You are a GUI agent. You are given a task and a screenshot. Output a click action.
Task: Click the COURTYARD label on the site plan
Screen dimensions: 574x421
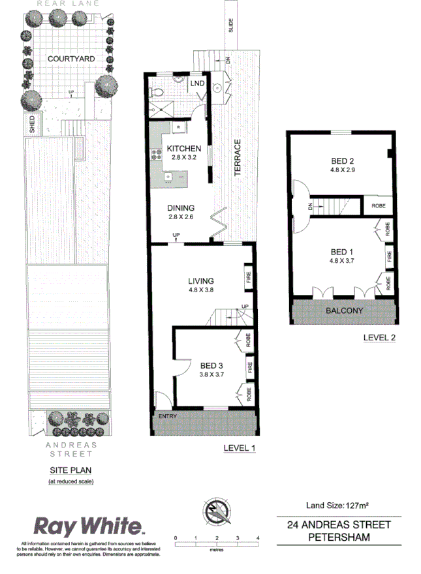pyautogui.click(x=71, y=58)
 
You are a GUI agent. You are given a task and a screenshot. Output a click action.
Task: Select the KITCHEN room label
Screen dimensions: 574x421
pyautogui.click(x=183, y=148)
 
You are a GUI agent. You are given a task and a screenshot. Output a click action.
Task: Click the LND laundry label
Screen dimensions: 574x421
pyautogui.click(x=196, y=84)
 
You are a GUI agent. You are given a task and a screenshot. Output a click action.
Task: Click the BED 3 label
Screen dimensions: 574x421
pyautogui.click(x=211, y=365)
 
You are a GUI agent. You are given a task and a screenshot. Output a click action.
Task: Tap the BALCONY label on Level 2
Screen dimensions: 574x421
pyautogui.click(x=343, y=310)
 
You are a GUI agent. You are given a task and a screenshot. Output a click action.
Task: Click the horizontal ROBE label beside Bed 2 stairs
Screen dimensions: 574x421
pyautogui.click(x=378, y=206)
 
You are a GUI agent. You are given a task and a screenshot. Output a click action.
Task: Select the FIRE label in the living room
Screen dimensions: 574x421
pyautogui.click(x=248, y=277)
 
